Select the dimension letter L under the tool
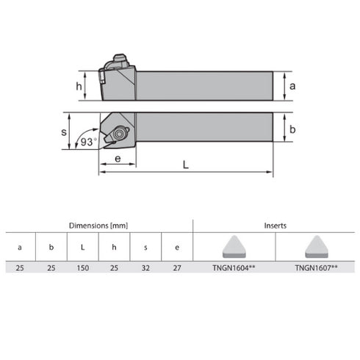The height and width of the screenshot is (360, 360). (186, 165)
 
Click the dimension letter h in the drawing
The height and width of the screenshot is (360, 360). (79, 85)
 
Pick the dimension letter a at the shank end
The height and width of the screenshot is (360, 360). (292, 85)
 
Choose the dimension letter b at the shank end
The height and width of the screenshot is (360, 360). (292, 130)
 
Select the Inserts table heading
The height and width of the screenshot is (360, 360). (276, 226)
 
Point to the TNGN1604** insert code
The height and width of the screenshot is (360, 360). (234, 270)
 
